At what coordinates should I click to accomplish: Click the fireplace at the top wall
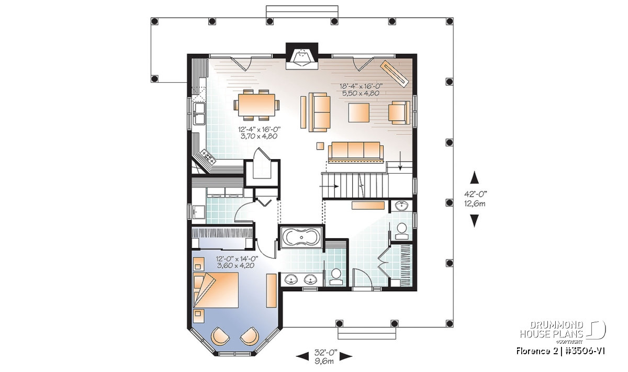coord(301,60)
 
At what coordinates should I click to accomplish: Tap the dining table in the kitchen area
coord(256,105)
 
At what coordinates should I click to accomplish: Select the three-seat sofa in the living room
coord(355,152)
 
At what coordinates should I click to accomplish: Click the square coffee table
coord(358,112)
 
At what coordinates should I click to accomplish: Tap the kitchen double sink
coord(199,114)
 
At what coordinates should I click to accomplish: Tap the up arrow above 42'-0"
coord(474,177)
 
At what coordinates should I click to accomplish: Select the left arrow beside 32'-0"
coord(303,356)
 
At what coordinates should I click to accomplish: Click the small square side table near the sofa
coord(320,146)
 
